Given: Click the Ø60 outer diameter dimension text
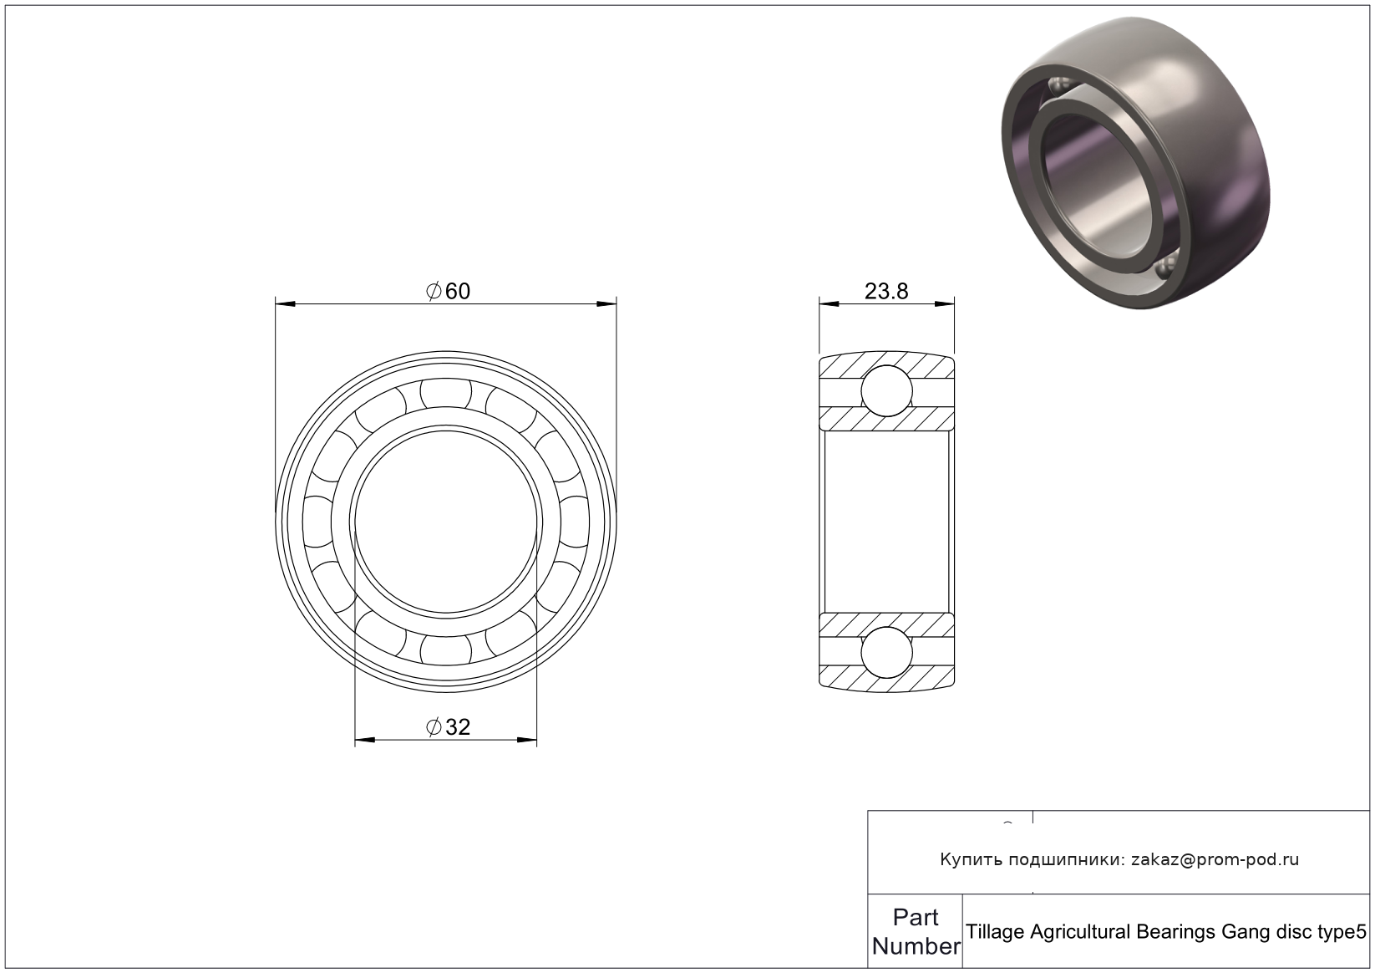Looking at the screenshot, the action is pos(448,291).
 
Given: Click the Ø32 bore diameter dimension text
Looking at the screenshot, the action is pos(448,727).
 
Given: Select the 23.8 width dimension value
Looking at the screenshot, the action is pos(886,291).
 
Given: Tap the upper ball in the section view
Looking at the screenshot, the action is pos(887,391).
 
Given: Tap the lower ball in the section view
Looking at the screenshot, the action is pos(887,652).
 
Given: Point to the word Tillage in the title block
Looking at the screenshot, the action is pos(997,932).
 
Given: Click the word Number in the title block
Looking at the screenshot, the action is pos(916,946).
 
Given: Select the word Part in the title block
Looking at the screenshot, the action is pos(916,918).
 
